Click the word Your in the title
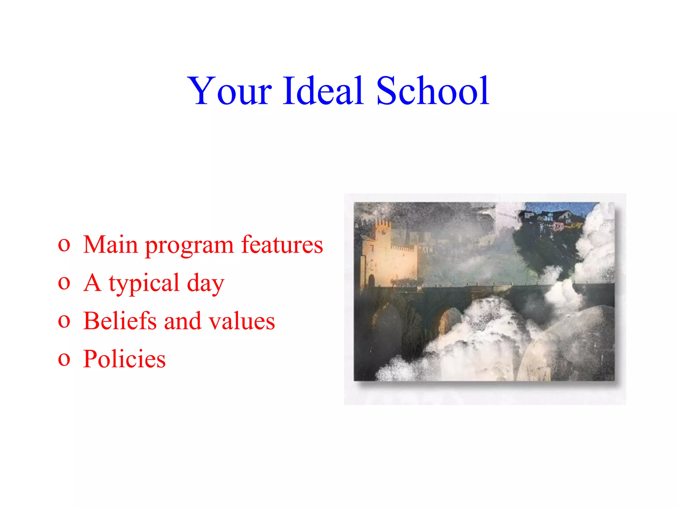tap(229, 91)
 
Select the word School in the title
tap(433, 91)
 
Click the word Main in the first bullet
tap(110, 245)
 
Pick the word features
tap(282, 245)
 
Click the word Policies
tap(124, 359)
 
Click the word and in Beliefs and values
tap(182, 321)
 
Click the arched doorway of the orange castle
tap(372, 281)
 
